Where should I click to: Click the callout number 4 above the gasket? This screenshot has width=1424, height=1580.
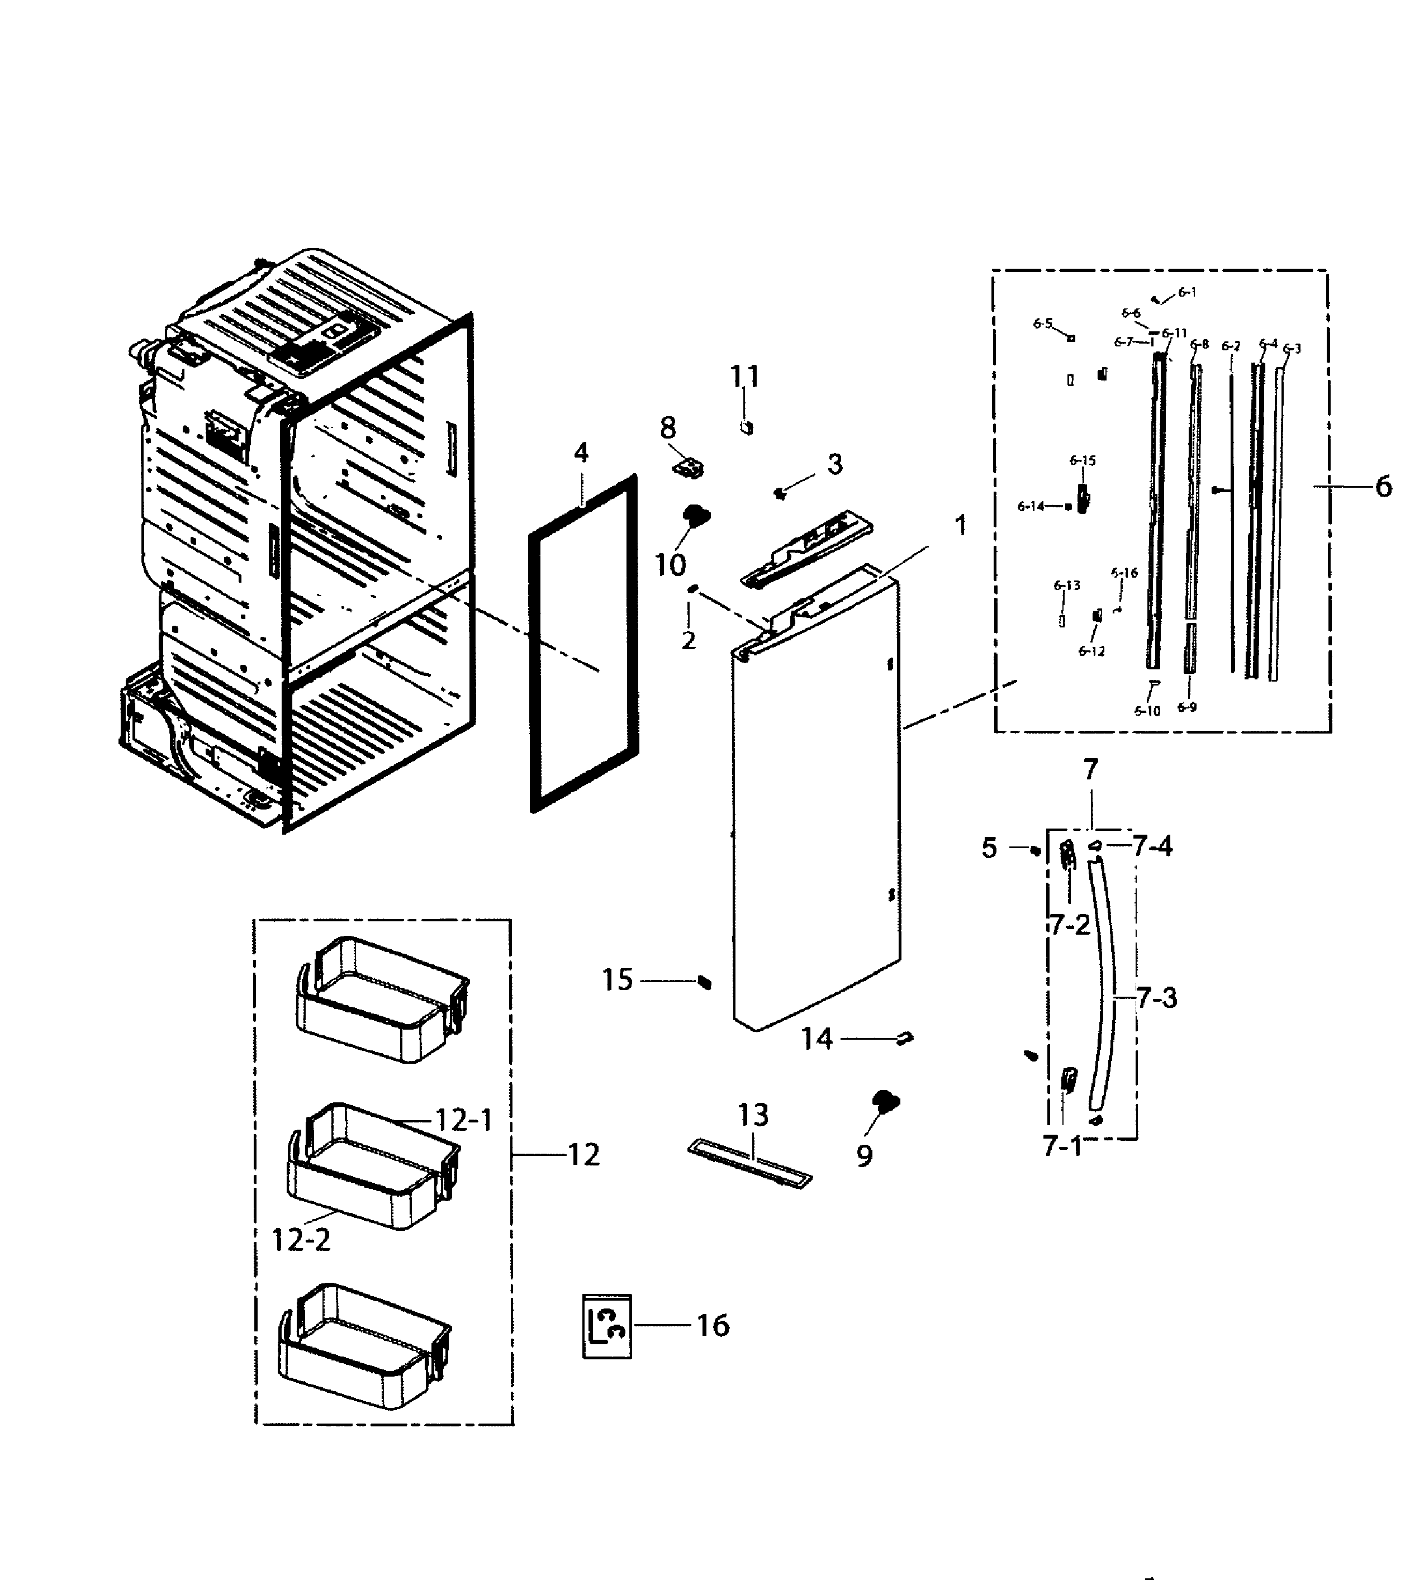click(581, 453)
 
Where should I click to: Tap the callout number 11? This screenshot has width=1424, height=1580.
click(745, 377)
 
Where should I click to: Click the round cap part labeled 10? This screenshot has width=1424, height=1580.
click(694, 515)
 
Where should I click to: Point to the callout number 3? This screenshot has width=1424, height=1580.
click(835, 465)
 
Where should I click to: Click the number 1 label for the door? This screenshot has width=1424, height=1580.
click(961, 526)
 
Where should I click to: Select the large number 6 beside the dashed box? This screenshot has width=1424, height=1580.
click(1383, 487)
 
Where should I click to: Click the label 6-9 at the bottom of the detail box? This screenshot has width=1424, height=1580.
click(1187, 707)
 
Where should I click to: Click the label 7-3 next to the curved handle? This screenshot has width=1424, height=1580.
click(1156, 998)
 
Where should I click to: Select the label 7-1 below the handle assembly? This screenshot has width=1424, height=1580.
click(1062, 1146)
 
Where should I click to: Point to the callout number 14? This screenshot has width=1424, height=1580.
click(816, 1040)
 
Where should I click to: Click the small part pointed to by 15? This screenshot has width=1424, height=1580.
click(704, 982)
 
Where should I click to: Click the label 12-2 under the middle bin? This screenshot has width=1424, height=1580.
click(301, 1240)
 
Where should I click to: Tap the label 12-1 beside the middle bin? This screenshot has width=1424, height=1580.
click(464, 1120)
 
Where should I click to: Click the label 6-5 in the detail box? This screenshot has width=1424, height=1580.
click(1042, 324)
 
